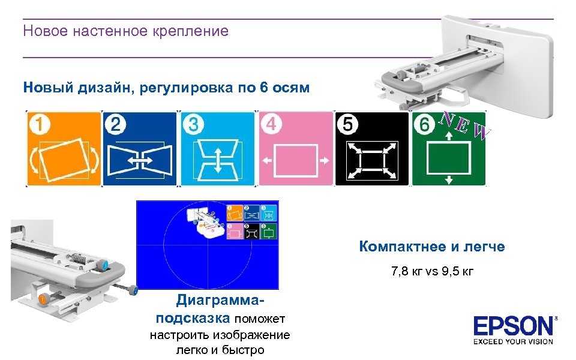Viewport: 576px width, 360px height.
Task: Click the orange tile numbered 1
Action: pos(64,148)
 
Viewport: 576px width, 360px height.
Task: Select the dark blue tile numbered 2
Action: pos(140,148)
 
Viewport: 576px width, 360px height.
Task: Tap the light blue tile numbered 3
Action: pos(217,148)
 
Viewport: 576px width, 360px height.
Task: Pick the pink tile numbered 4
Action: pos(295,148)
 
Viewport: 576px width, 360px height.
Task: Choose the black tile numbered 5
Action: pos(372,148)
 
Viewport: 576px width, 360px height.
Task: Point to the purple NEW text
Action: pos(465,124)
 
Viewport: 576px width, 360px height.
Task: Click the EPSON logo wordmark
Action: pos(514,327)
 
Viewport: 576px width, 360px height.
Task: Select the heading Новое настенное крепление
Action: pos(125,31)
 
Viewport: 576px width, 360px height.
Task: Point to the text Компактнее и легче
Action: pos(432,247)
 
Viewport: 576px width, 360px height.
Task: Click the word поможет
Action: pos(260,318)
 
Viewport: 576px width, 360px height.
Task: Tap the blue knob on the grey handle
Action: pos(106,265)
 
